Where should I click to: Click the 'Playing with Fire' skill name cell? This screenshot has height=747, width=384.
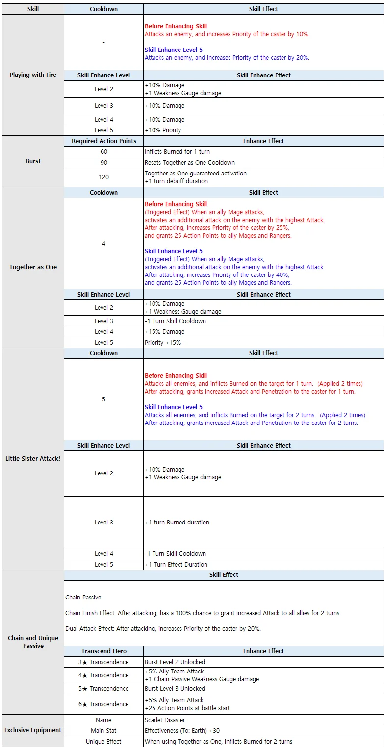33,75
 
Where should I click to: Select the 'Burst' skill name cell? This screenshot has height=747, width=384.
33,161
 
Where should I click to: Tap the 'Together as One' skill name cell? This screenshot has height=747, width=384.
33,267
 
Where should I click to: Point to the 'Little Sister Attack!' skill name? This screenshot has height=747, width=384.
33,459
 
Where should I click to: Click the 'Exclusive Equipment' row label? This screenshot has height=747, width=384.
33,730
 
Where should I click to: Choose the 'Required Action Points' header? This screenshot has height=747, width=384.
103,141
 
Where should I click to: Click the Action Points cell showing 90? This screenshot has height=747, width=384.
103,163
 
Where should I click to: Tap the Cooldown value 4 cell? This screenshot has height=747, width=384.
103,244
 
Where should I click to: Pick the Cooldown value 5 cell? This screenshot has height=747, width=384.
103,399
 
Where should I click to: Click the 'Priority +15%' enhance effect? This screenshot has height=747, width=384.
163,343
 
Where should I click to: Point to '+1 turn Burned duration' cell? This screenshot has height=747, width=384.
177,523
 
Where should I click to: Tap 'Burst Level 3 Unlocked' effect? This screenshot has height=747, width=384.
175,689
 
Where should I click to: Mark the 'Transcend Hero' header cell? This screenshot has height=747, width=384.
103,651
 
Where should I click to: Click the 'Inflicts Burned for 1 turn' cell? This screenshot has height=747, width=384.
177,152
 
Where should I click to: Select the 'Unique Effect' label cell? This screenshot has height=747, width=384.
103,742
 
